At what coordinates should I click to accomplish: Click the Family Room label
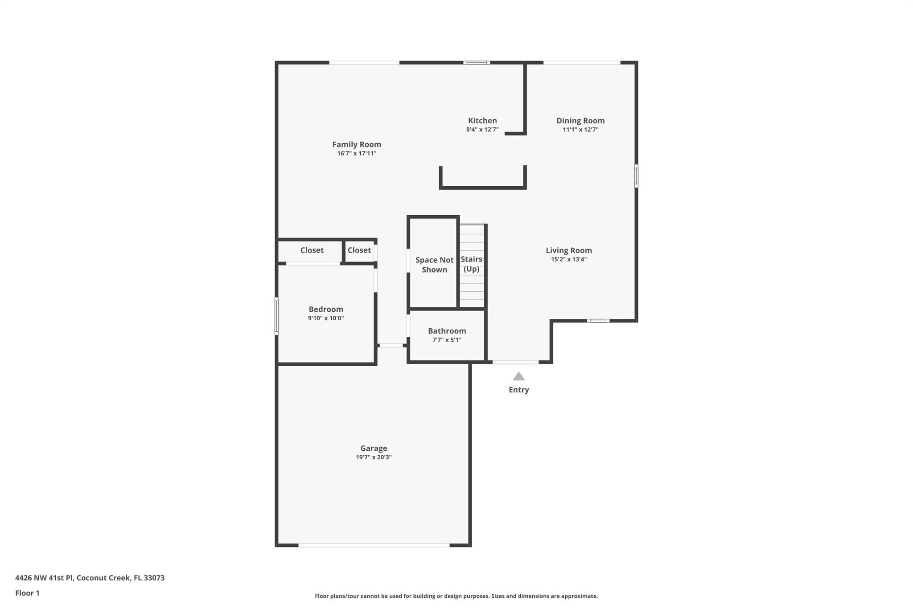point(357,144)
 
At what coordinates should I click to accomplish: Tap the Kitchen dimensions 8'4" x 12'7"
point(482,130)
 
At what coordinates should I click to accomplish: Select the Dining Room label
point(580,121)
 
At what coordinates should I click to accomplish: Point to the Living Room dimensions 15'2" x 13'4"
point(569,259)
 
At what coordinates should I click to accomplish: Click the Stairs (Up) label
point(471,264)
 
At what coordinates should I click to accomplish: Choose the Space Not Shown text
point(434,265)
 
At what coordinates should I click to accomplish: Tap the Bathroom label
point(447,331)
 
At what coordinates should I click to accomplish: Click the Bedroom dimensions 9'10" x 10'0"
point(326,318)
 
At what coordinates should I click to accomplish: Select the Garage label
point(374,449)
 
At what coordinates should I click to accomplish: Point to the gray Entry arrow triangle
point(518,377)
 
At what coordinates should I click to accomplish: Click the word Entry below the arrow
point(518,390)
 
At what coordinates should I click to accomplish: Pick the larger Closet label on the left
point(312,250)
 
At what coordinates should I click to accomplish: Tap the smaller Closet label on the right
point(359,250)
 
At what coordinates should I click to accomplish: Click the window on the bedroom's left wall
point(276,316)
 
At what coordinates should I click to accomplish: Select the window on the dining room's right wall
point(636,176)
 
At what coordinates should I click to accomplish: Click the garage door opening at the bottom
point(374,545)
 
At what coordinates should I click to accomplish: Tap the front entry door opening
point(515,362)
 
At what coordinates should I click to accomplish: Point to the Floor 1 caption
point(27,593)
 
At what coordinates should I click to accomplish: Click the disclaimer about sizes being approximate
point(456,596)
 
